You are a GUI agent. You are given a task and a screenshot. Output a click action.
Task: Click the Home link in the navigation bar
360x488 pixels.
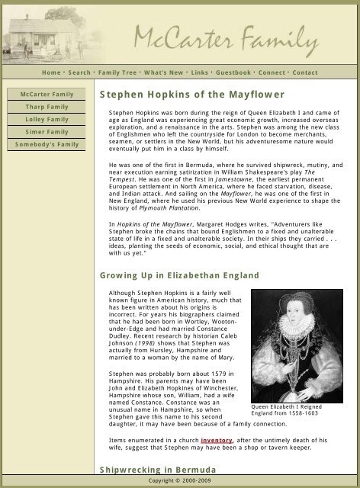pyautogui.click(x=51, y=72)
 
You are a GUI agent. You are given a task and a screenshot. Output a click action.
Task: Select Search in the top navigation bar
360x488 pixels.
pyautogui.click(x=79, y=72)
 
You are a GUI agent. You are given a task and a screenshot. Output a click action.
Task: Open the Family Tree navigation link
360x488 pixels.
pyautogui.click(x=117, y=72)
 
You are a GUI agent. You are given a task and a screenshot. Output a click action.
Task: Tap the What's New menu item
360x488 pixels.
pyautogui.click(x=164, y=72)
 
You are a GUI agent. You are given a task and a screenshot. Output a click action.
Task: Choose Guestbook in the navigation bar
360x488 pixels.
pyautogui.click(x=233, y=72)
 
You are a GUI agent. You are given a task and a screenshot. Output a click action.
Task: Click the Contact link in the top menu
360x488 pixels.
pyautogui.click(x=305, y=72)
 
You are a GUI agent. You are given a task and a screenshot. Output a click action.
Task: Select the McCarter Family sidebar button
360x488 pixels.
pyautogui.click(x=47, y=95)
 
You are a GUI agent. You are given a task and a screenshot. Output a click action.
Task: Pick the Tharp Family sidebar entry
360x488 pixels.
pyautogui.click(x=47, y=107)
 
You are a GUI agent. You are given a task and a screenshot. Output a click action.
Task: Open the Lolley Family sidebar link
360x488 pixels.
pyautogui.click(x=47, y=120)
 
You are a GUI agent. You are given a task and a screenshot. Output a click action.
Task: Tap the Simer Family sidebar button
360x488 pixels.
pyautogui.click(x=47, y=132)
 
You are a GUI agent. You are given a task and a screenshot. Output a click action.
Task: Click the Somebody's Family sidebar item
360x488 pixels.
pyautogui.click(x=47, y=144)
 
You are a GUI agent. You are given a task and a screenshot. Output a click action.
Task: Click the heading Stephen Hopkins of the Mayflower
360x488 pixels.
pyautogui.click(x=191, y=95)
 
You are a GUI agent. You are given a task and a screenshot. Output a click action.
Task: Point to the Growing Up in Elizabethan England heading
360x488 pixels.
pyautogui.click(x=179, y=275)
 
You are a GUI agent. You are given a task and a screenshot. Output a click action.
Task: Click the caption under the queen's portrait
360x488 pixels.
pyautogui.click(x=297, y=410)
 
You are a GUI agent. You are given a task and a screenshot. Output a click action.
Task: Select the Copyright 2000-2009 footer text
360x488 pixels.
pyautogui.click(x=180, y=482)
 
